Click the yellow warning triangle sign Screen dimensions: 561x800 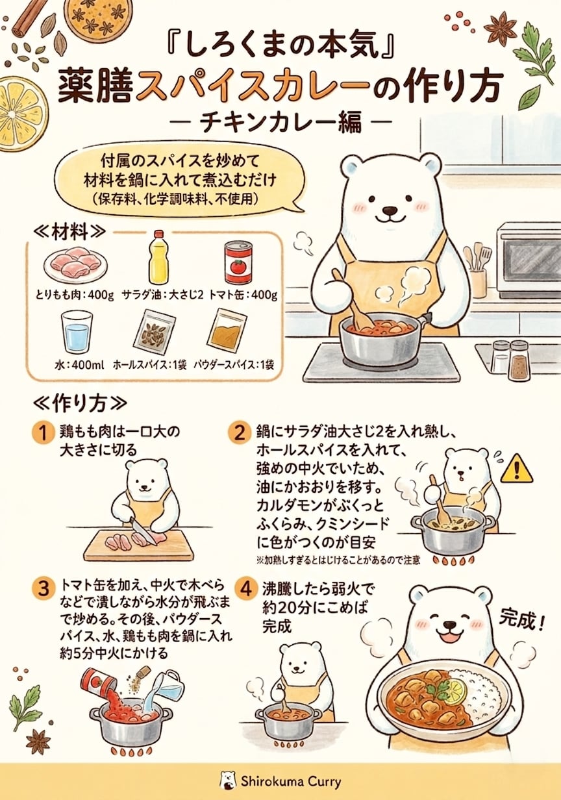pos(517,469)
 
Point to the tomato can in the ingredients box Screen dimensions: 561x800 pos(238,262)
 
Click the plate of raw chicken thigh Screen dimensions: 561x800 pos(76,265)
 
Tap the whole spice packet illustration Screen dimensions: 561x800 pos(155,331)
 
